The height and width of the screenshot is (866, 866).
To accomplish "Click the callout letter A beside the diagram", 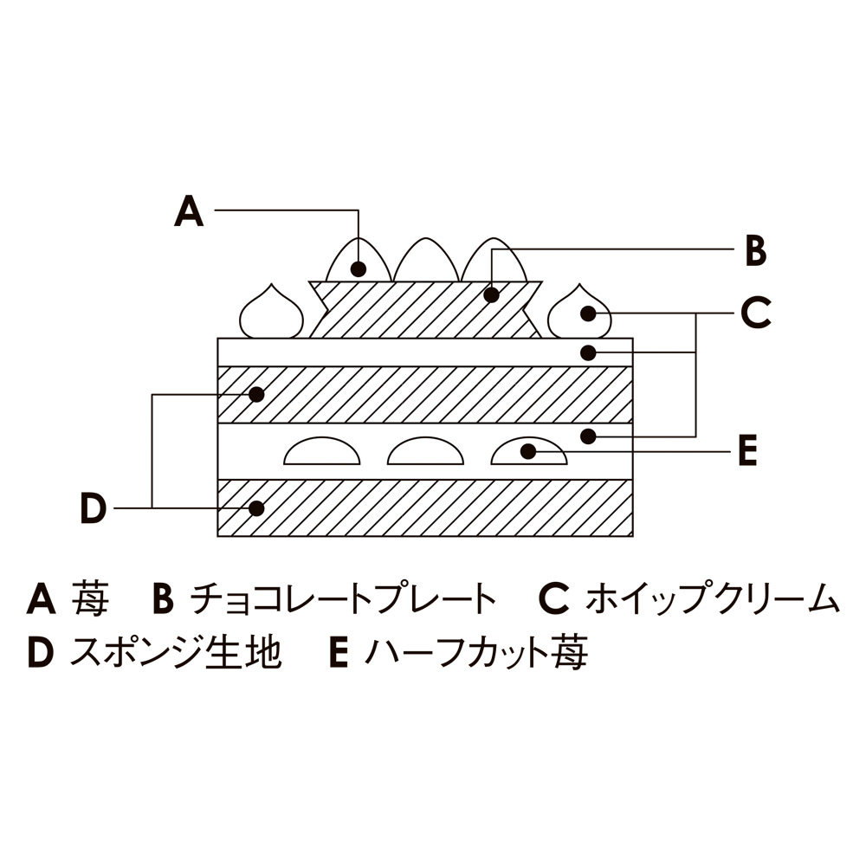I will coord(189,210).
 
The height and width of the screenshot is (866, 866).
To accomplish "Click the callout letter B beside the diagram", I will coord(755,251).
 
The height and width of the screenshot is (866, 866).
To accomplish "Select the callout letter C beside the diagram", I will coord(755,313).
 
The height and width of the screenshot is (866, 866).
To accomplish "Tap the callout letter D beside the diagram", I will coord(93,508).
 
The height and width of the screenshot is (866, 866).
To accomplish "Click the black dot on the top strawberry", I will coord(358,268).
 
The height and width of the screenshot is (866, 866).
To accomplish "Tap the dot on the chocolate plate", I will coord(491,295).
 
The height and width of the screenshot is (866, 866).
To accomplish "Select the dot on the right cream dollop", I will coord(589,313).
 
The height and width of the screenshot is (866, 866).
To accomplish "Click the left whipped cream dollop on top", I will coord(270,314).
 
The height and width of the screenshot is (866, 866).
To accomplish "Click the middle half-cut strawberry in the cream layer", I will coord(424,452).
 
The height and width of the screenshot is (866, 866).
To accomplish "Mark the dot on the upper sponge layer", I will coord(255,394).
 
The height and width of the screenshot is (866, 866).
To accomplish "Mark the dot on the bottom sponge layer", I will coord(255,507).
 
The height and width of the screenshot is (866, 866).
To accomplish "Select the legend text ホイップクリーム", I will coord(712,599).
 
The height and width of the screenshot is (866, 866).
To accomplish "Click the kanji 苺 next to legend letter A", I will coord(90,599).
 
